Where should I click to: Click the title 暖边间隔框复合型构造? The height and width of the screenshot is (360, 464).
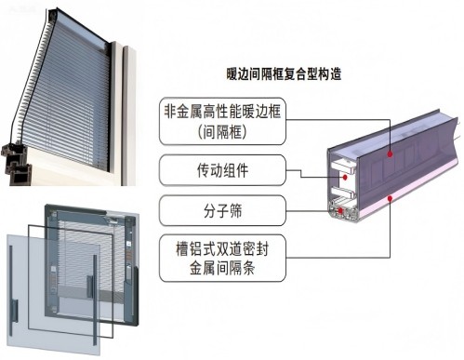tap(284, 74)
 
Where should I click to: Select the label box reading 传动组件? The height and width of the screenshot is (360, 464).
tap(222, 170)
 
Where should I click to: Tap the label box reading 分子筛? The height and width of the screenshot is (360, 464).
tap(222, 210)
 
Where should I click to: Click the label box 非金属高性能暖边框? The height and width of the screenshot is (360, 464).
tap(222, 121)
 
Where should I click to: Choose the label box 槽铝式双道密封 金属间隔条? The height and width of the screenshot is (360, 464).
tap(222, 258)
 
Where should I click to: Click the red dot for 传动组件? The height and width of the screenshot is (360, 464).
tap(345, 178)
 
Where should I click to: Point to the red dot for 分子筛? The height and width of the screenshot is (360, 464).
tap(340, 211)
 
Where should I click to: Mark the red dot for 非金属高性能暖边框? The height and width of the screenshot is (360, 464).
tap(390, 153)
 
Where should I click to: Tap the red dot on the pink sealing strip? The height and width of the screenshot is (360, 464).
tap(390, 198)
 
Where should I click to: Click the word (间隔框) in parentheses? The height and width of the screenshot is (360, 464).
tap(222, 132)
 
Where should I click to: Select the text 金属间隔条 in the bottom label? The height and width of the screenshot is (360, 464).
tap(222, 268)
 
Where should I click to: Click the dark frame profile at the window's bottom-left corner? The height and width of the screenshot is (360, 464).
tap(16, 164)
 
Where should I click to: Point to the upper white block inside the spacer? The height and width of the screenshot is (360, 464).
tap(343, 167)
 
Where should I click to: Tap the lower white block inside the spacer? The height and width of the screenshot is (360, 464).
tap(342, 193)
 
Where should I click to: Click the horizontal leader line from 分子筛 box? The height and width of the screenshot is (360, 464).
tap(312, 211)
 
